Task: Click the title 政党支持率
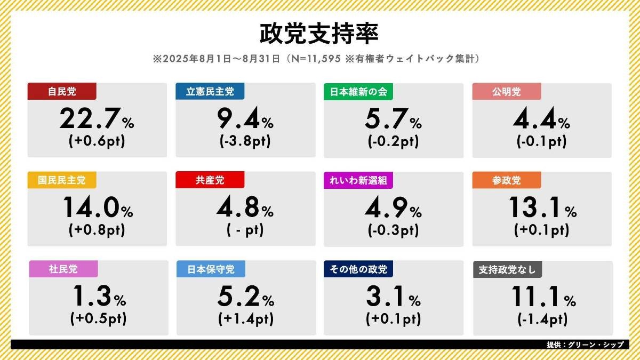pos(319,33)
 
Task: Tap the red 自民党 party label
pos(62,91)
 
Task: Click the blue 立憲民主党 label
pos(210,91)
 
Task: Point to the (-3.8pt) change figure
pos(245,142)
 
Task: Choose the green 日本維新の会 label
pos(358,91)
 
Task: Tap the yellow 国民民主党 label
pos(62,180)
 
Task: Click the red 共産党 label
pos(210,180)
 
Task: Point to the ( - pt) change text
pos(245,230)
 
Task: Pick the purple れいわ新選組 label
pos(358,180)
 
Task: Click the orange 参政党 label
pos(507,180)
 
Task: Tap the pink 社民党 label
pos(62,269)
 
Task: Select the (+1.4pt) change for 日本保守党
pos(245,319)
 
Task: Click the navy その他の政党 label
pos(358,269)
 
